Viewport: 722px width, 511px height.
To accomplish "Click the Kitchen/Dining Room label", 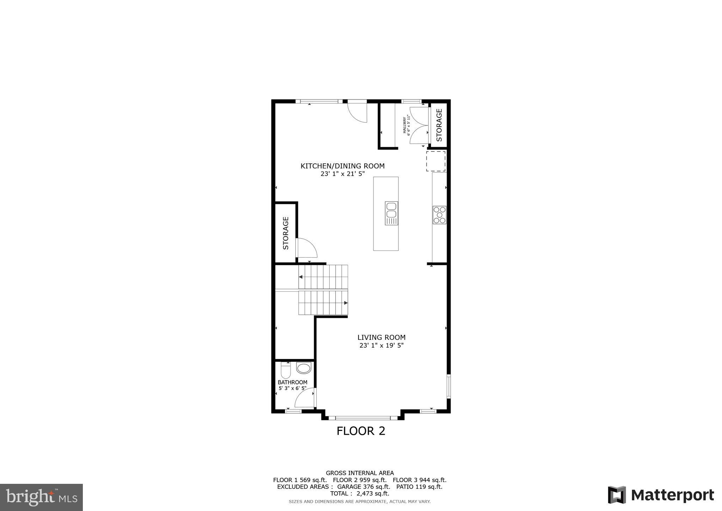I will [342, 166].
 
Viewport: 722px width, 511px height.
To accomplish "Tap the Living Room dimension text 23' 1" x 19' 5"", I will [381, 345].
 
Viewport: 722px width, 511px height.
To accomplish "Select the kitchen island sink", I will [391, 213].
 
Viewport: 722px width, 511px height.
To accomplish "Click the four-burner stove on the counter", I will [440, 215].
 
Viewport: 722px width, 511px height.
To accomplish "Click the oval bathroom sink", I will [304, 368].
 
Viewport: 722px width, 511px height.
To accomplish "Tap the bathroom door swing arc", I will [303, 398].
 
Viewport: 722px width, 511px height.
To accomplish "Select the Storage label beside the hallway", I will [439, 125].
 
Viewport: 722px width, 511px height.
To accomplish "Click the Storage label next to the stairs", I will [286, 233].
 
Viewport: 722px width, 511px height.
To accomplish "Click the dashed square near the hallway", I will [436, 161].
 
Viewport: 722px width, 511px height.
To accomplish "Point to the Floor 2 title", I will [361, 431].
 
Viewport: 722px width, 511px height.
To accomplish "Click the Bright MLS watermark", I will [41, 497].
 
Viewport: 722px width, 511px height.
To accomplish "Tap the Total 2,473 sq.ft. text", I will [360, 493].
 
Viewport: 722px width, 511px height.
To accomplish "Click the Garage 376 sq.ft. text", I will [363, 487].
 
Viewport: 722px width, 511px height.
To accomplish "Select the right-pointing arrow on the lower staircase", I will [346, 303].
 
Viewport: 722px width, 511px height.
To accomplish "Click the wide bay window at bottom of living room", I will [363, 418].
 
